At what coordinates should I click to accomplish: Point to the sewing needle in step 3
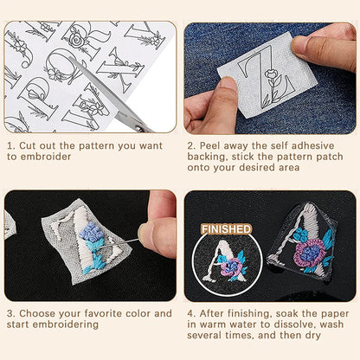130,233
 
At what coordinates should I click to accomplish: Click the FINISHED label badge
226,229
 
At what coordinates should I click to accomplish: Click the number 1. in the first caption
10,147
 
